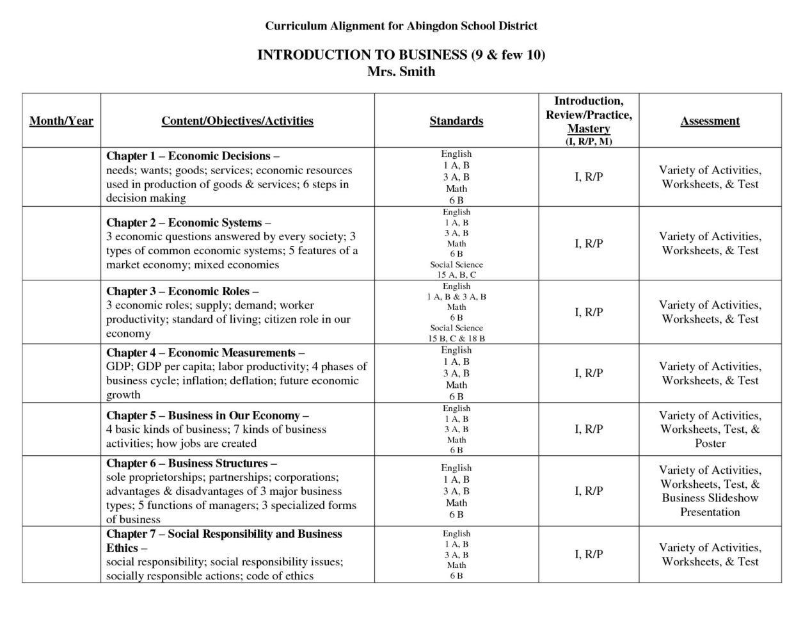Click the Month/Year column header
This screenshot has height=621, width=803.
pyautogui.click(x=61, y=121)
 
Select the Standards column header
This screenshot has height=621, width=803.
pyautogui.click(x=456, y=121)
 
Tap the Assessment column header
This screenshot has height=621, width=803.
pyautogui.click(x=710, y=121)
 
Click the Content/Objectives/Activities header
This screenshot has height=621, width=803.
pyautogui.click(x=237, y=121)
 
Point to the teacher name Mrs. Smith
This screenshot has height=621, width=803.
pyautogui.click(x=401, y=72)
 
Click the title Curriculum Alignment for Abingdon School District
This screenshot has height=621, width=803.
pyautogui.click(x=401, y=26)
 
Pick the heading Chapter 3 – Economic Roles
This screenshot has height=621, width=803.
pyautogui.click(x=182, y=291)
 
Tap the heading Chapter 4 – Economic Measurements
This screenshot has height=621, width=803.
pyautogui.click(x=205, y=353)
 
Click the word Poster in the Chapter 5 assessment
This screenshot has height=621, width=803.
pyautogui.click(x=710, y=444)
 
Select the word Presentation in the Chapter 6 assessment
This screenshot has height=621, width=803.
pyautogui.click(x=710, y=512)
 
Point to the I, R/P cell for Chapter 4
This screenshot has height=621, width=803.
pyautogui.click(x=589, y=373)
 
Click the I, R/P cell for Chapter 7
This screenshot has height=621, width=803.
pyautogui.click(x=589, y=554)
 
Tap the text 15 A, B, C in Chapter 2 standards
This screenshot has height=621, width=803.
pyautogui.click(x=456, y=275)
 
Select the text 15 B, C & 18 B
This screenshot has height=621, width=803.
pyautogui.click(x=456, y=338)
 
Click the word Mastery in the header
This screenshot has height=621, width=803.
pyautogui.click(x=589, y=129)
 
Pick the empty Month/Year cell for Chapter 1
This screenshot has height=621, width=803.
pyautogui.click(x=61, y=177)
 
